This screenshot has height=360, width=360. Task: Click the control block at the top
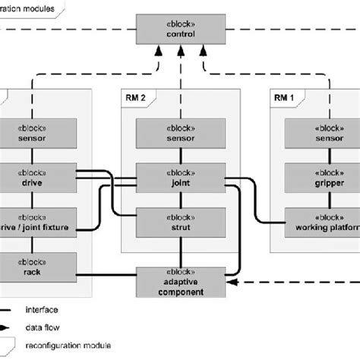coord(179,30)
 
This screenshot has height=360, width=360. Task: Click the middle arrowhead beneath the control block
coord(179,50)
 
